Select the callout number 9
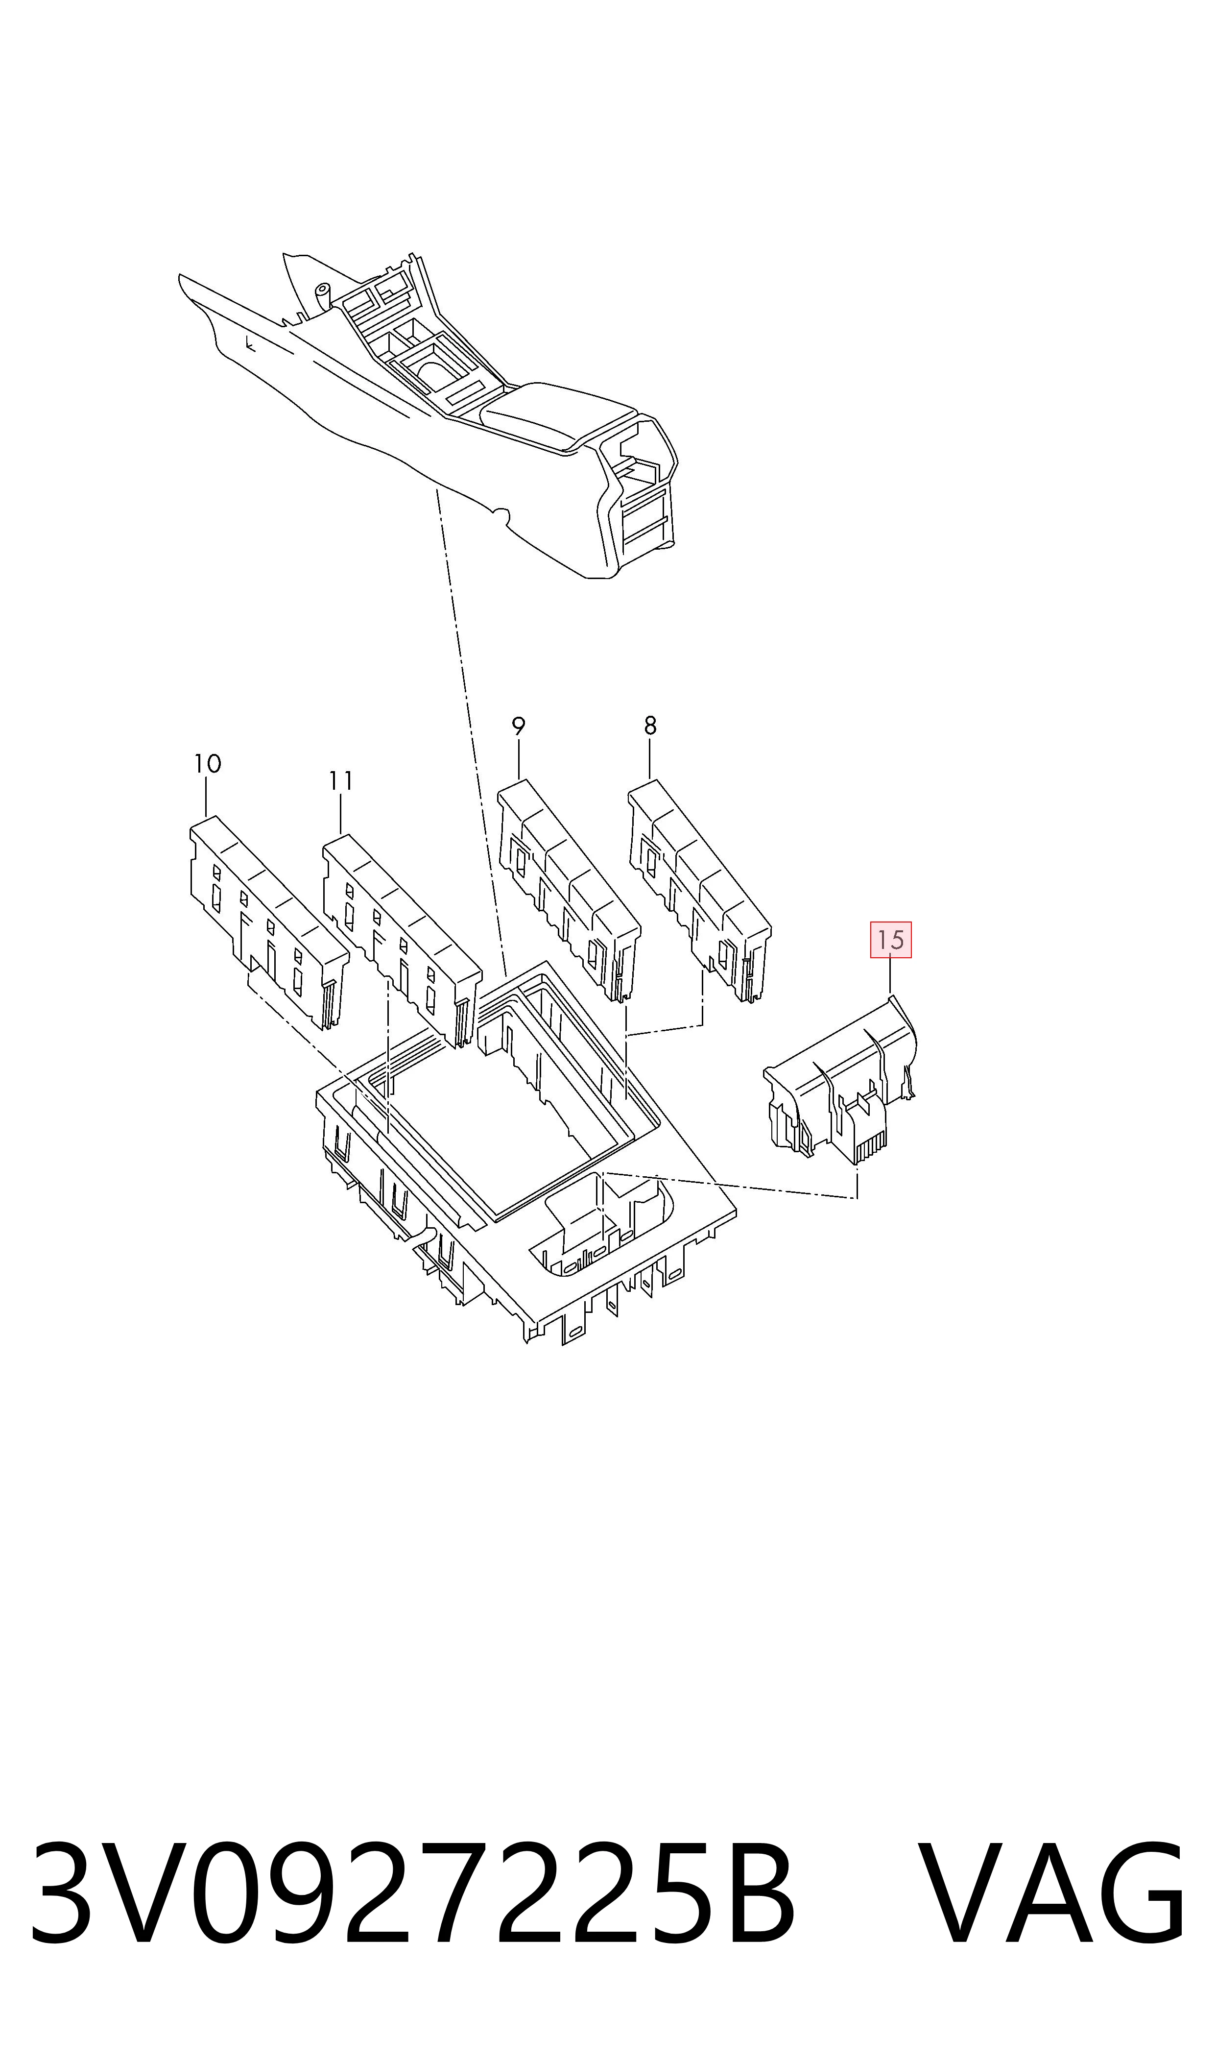coord(518,726)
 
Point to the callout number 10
coord(207,764)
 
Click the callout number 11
coord(341,781)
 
